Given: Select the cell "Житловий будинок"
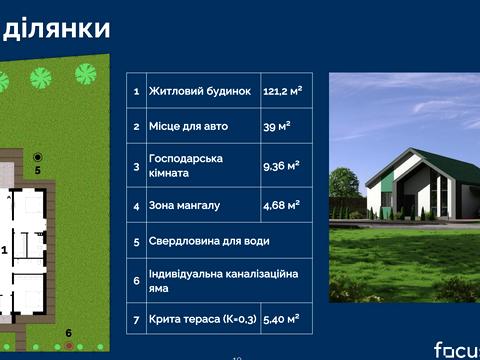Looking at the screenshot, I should coord(199,91).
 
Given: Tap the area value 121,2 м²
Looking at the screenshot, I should coord(283,91).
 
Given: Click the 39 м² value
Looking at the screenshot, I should coord(276,127).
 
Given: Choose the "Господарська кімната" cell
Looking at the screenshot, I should coord(185,166).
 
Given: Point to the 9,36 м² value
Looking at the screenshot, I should coord(281,166).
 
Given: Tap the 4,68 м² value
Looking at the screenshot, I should coord(281,205).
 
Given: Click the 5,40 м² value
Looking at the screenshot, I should coord(281,319).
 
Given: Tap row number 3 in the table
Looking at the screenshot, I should coord(136,166).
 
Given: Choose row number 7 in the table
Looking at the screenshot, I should coord(136,319).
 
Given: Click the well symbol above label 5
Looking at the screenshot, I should coord(38,156).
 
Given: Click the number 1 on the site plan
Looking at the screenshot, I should coord(4,249).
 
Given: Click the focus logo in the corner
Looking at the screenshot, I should coord(455,349).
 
